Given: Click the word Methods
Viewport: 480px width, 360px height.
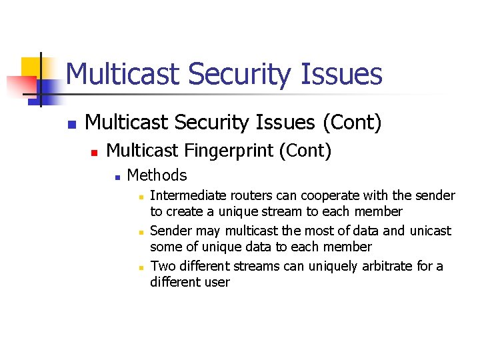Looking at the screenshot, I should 157,175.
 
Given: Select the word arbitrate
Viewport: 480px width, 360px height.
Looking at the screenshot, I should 393,265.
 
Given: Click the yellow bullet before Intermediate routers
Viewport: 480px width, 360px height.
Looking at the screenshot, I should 141,197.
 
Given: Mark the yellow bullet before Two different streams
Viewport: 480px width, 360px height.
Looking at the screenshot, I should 141,267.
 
